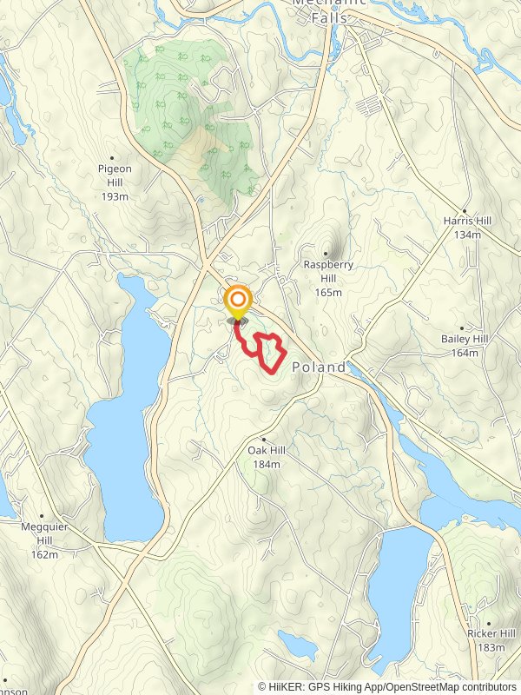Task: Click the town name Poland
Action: (319, 367)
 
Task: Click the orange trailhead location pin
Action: (237, 303)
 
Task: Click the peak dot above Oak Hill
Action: (263, 440)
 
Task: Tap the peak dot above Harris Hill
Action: (465, 211)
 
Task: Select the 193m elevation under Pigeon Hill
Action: (114, 196)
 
